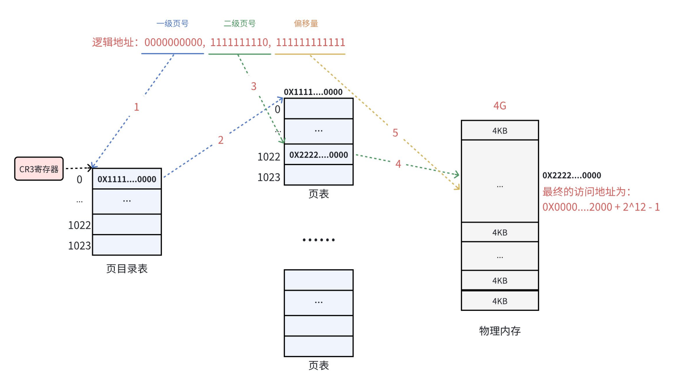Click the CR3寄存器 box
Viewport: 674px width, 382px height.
pos(39,169)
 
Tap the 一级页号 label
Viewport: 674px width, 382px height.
pos(172,24)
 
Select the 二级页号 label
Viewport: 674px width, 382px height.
pos(239,24)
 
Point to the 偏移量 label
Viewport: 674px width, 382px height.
pos(306,24)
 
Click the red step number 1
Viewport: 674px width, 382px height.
pos(137,107)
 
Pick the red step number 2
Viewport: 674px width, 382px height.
pos(221,140)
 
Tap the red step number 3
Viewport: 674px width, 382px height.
pos(254,86)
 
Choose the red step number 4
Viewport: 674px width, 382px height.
pos(398,164)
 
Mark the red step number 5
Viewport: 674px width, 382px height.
pos(395,133)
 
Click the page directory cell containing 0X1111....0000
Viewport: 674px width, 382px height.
pos(127,179)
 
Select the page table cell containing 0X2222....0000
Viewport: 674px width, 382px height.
pos(318,155)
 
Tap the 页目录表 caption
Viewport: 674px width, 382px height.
pos(127,269)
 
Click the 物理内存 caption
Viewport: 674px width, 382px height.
pos(500,331)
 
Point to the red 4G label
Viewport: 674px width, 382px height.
pos(500,106)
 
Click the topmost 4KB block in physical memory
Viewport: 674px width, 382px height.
pos(500,131)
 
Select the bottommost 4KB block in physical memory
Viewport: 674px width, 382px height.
pos(500,301)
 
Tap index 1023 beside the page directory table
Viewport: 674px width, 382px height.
pos(80,246)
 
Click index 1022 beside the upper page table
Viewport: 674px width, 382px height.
pos(269,157)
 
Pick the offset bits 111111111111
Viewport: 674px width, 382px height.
pos(310,42)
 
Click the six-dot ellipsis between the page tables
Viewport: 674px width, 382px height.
pos(318,240)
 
